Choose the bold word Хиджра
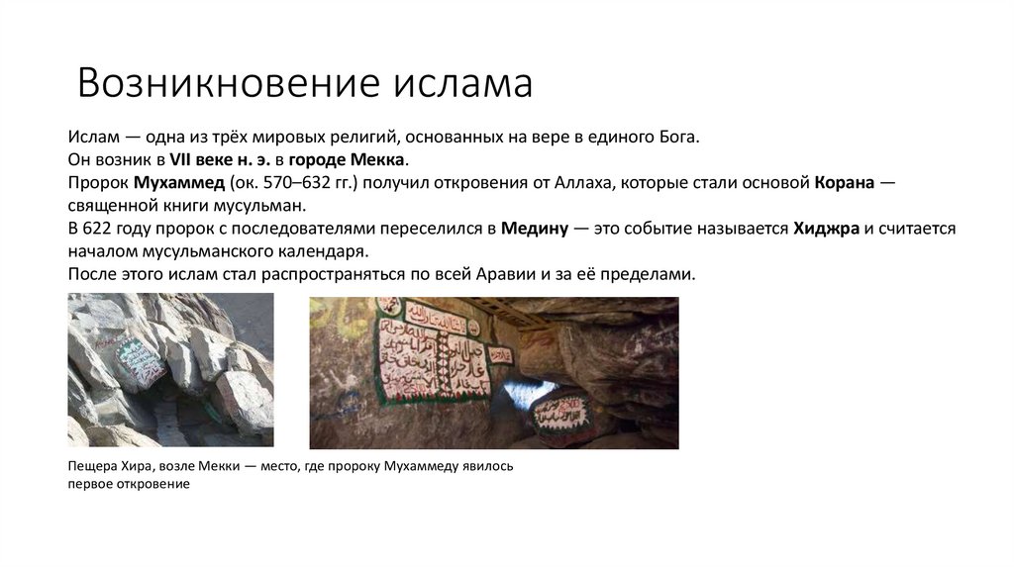pos(826,229)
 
